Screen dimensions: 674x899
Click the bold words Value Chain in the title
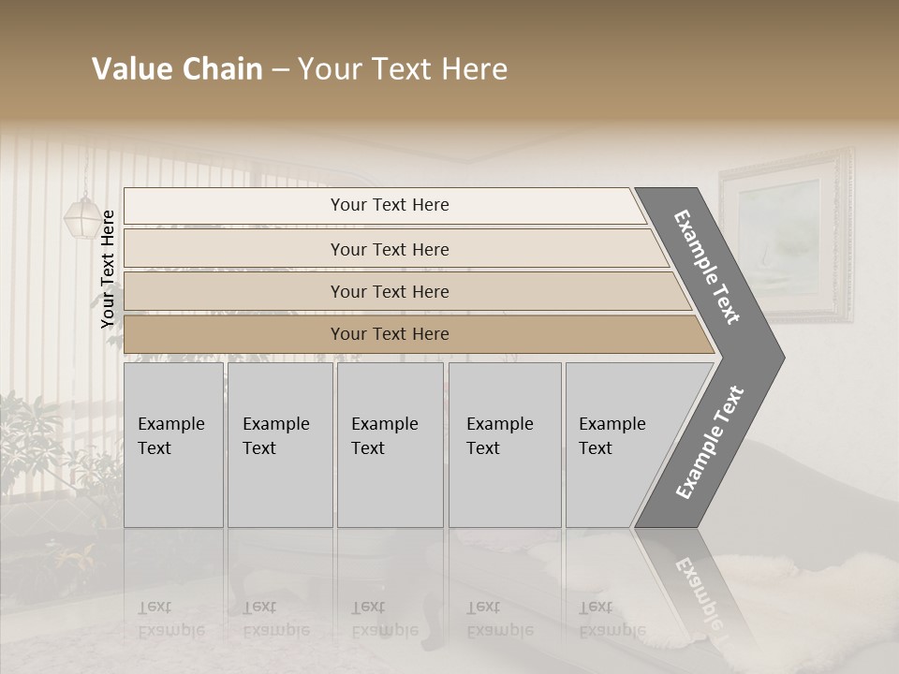pos(177,69)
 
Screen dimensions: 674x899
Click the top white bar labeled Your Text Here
pos(390,205)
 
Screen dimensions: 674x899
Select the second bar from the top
pos(390,249)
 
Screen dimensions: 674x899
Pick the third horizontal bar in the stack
pos(390,291)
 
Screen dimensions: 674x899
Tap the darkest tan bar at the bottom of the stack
pos(390,334)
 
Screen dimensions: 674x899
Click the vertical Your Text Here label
pos(108,269)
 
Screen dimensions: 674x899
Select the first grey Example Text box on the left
pos(173,445)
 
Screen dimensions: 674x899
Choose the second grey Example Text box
pos(280,445)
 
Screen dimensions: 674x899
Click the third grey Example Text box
pos(389,445)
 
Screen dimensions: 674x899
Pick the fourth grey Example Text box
pos(504,445)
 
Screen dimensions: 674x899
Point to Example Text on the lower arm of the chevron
pos(710,443)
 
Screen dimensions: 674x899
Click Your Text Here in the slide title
pos(403,69)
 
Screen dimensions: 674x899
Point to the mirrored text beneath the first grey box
pos(170,619)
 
